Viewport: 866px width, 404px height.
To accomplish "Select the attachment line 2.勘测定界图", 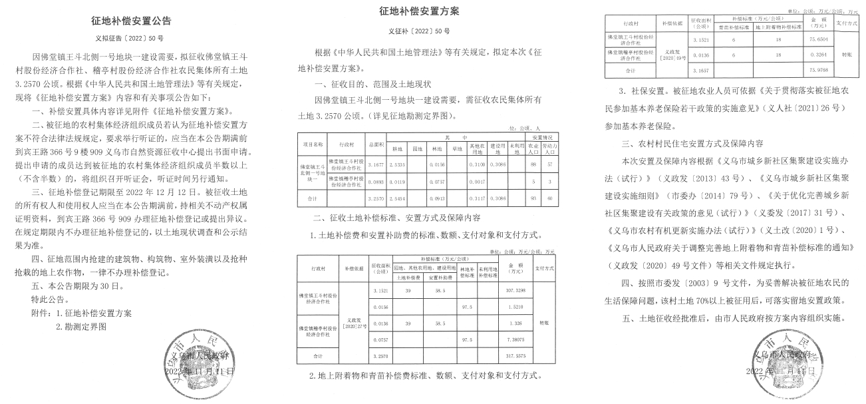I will pyautogui.click(x=81, y=327).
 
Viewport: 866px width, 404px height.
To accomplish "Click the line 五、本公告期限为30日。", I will pyautogui.click(x=77, y=286).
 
